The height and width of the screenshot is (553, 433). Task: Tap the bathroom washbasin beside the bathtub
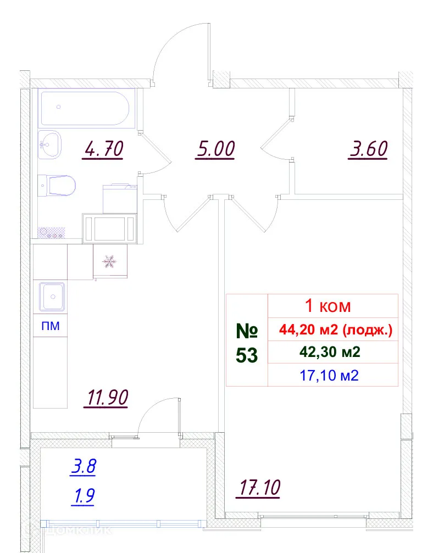(51, 145)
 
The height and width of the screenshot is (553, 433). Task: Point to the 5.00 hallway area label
(215, 149)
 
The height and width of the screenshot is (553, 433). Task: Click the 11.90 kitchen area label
(106, 397)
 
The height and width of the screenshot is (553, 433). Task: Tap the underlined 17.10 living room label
(259, 487)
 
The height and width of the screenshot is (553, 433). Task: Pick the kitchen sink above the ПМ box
(52, 296)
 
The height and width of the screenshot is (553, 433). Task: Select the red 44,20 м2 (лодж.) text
(336, 330)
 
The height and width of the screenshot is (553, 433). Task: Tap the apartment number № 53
(247, 343)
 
